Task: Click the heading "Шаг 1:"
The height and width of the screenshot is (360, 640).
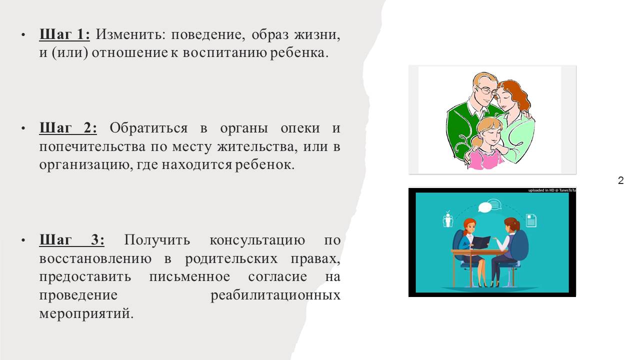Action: [64, 34]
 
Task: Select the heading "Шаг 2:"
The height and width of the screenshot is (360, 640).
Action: [68, 127]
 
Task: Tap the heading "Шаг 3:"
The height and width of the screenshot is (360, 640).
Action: [71, 239]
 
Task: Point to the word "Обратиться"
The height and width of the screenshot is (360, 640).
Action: [148, 128]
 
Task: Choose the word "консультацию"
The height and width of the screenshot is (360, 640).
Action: [257, 240]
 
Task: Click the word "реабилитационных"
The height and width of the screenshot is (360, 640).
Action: [275, 295]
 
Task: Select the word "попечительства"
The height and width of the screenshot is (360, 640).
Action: [92, 147]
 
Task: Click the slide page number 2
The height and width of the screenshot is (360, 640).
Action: [620, 180]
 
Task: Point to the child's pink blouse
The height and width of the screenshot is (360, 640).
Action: [486, 159]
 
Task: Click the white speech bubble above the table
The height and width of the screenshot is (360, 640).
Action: [485, 207]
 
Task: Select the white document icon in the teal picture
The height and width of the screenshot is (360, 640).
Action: [531, 220]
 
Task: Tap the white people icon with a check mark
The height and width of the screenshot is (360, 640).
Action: [447, 219]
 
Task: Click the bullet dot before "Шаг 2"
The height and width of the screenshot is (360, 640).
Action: [23, 128]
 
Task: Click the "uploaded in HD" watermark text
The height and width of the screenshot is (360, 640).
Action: [551, 190]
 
